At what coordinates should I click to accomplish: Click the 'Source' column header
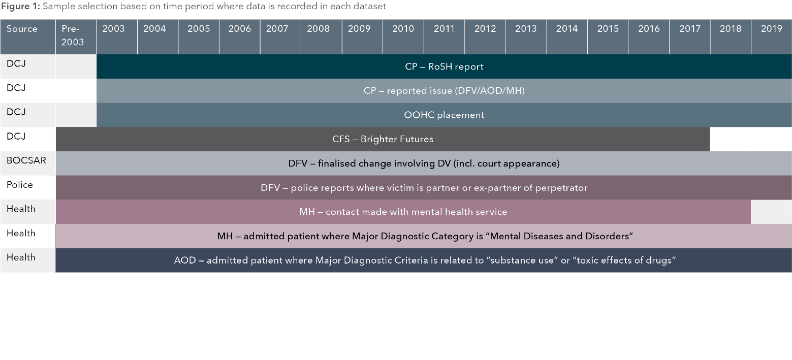point(22,28)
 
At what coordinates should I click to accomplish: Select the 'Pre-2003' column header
point(73,36)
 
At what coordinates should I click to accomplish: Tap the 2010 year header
point(403,28)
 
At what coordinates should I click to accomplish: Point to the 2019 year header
point(772,28)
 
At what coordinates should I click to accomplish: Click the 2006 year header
point(239,28)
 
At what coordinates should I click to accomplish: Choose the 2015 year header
point(608,28)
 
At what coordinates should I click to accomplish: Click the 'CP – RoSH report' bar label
point(444,67)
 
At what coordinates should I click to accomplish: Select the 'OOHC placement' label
point(444,115)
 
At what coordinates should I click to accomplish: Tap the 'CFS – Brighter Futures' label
point(383,139)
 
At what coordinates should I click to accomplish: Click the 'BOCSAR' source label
point(26,160)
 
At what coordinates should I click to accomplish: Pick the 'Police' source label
point(20,185)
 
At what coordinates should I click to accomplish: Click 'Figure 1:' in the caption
point(20,7)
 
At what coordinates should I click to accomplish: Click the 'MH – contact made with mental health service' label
point(403,212)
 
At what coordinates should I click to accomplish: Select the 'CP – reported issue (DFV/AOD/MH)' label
point(444,90)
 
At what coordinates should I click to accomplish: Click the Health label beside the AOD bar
point(21,257)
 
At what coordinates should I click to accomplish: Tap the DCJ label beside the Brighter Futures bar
point(16,137)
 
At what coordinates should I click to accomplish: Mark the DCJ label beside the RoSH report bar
point(16,63)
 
